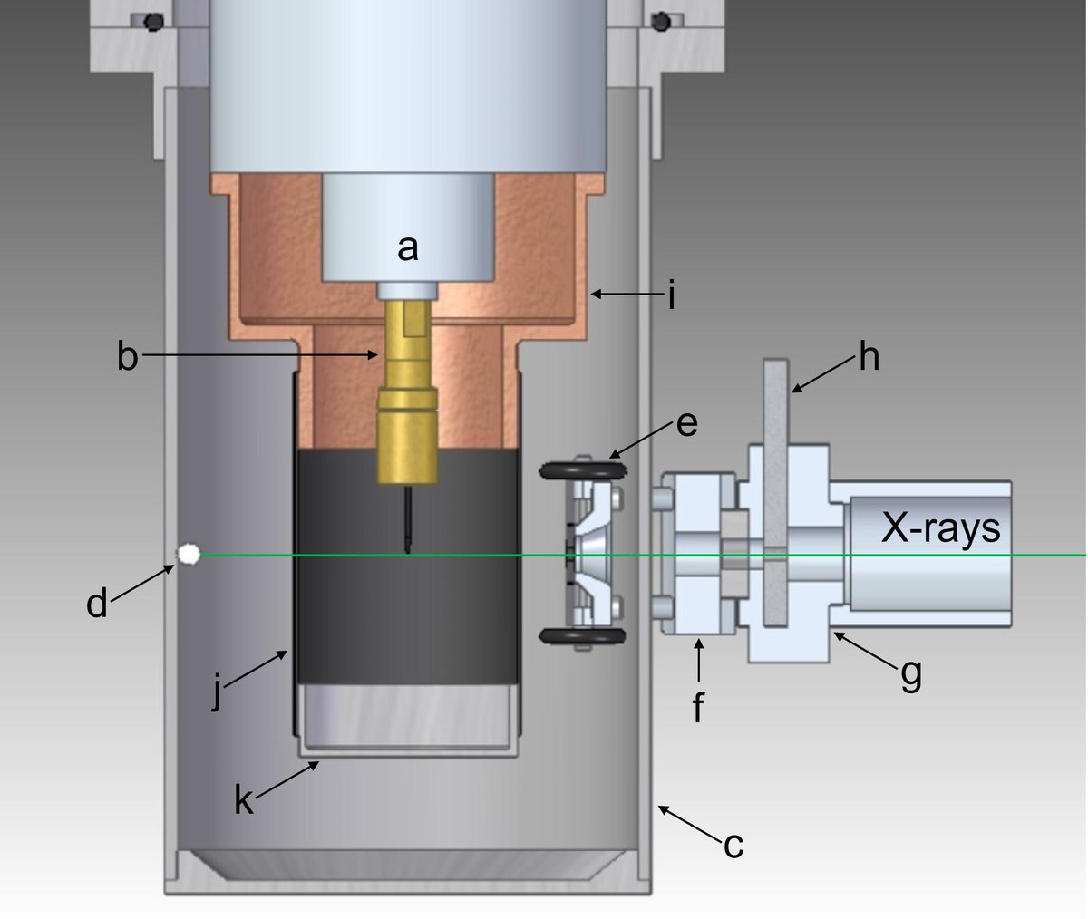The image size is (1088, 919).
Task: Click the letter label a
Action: (408, 247)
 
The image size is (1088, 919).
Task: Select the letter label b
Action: (127, 357)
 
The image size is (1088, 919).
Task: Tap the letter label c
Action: (733, 845)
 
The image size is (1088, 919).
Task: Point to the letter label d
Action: (97, 603)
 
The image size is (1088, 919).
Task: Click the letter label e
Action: (686, 422)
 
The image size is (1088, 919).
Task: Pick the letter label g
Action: (910, 673)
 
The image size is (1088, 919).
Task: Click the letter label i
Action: (671, 295)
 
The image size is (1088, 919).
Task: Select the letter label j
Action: (217, 693)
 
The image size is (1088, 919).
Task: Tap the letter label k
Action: (243, 800)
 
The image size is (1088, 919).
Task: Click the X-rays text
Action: (941, 527)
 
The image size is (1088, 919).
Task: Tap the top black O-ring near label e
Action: (582, 470)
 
